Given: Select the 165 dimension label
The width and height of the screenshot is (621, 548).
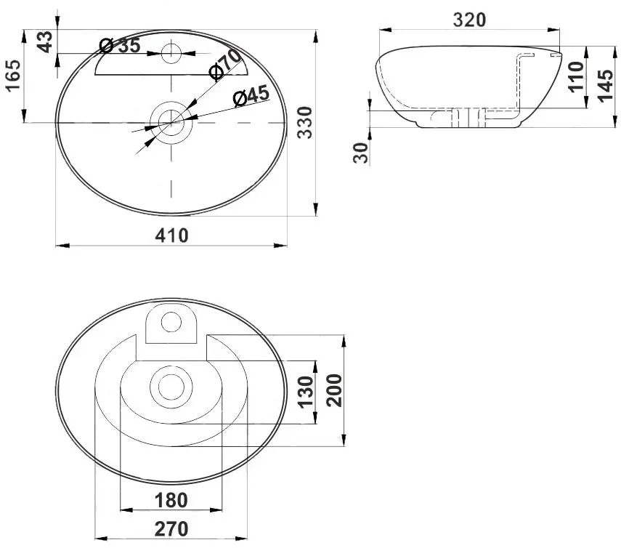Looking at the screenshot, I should click(12, 76).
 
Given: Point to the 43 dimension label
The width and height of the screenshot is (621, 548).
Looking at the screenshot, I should click(45, 41).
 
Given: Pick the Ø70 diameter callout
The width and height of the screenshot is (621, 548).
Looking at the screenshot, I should click(224, 64).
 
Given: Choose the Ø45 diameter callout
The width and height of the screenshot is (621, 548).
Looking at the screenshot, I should click(251, 95).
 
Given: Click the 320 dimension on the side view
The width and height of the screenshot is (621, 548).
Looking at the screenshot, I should click(468, 20).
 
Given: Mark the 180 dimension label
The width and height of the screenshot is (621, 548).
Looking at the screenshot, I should click(171, 500).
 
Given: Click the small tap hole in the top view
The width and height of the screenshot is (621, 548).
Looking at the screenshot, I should click(171, 52).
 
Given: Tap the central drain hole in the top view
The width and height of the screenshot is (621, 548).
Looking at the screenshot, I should click(171, 118).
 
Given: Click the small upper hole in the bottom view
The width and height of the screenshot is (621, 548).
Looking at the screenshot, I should click(171, 321).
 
